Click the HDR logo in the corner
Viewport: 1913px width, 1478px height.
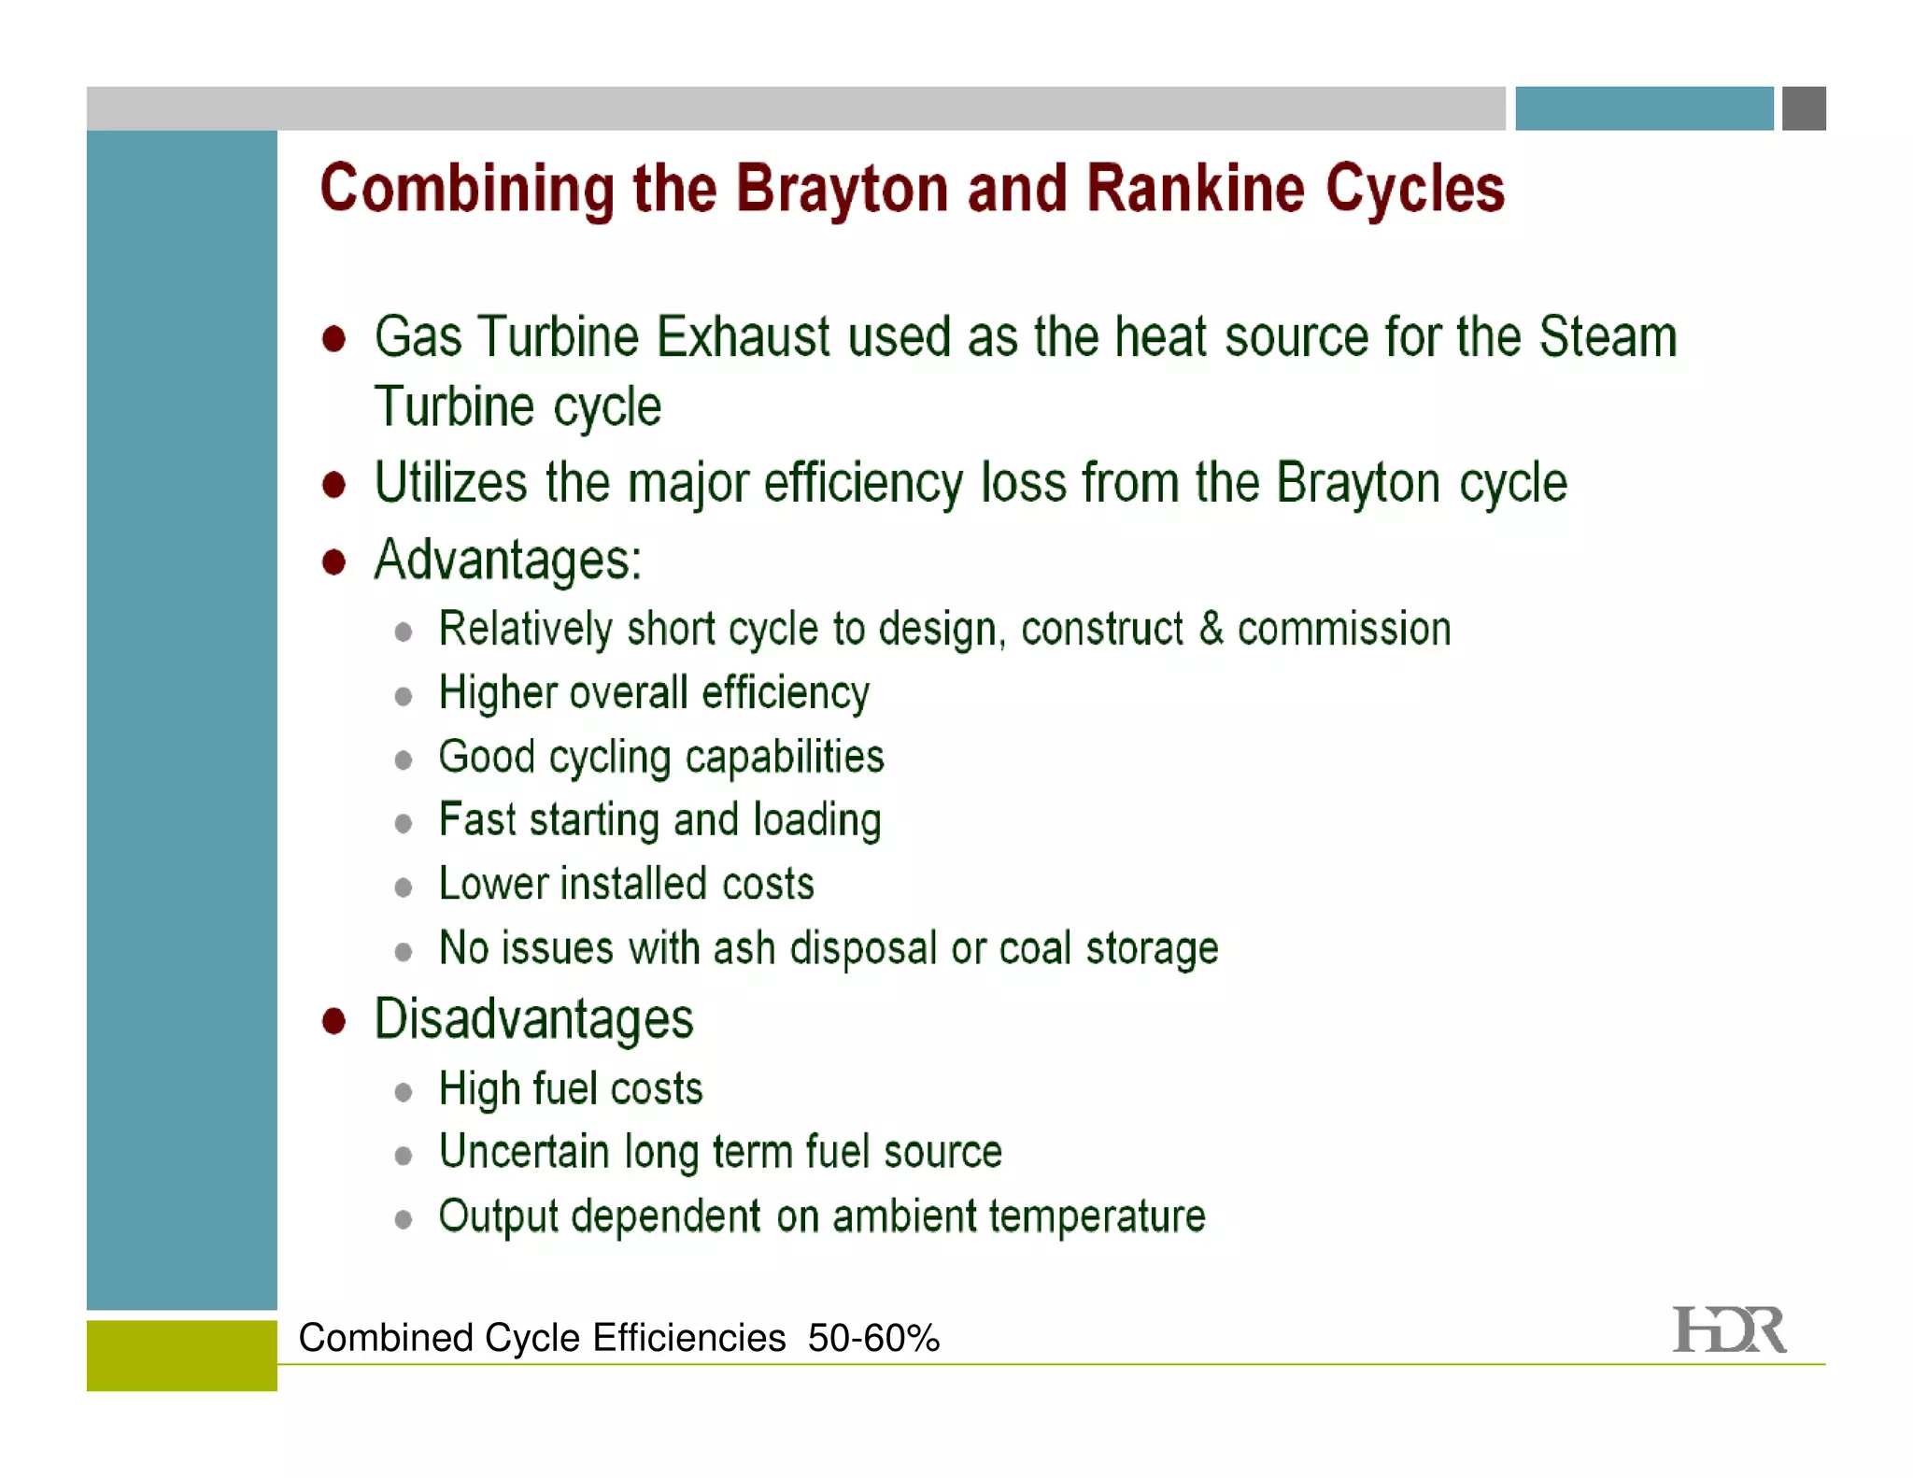1729,1330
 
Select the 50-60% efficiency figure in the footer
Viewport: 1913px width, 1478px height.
873,1338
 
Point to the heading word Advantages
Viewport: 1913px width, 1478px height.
507,561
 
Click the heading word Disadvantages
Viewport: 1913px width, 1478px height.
533,1018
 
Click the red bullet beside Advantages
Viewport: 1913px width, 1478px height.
333,562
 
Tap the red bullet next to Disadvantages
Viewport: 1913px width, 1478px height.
333,1020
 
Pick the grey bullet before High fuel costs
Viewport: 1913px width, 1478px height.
404,1092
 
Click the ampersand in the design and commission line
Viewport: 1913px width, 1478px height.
1211,628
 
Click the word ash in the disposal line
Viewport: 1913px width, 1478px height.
744,948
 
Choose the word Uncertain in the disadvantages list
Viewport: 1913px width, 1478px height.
523,1152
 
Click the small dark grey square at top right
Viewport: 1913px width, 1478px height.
1804,108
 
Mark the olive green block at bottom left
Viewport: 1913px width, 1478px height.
181,1355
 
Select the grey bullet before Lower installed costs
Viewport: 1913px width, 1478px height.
404,887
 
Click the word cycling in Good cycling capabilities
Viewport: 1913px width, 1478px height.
609,758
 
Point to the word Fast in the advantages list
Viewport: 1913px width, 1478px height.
476,820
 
